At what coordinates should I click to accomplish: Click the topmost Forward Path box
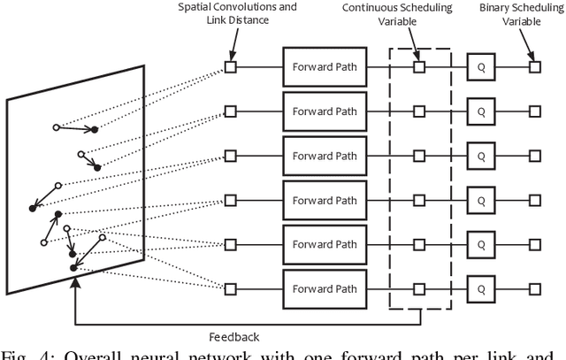(325, 67)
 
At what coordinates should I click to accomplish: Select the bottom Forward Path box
(325, 288)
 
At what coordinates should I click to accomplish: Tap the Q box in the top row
(481, 67)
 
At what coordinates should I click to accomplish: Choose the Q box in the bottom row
(481, 288)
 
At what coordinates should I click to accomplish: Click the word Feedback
(233, 337)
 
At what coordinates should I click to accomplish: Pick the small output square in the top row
(533, 67)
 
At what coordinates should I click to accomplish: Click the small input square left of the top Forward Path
(230, 67)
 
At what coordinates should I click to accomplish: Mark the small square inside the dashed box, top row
(420, 67)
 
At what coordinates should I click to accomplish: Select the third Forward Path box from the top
(325, 156)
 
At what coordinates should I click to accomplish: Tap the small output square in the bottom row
(533, 288)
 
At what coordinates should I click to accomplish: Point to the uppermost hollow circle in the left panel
(57, 128)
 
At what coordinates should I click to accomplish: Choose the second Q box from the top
(481, 111)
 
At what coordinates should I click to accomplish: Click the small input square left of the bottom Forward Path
(230, 288)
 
